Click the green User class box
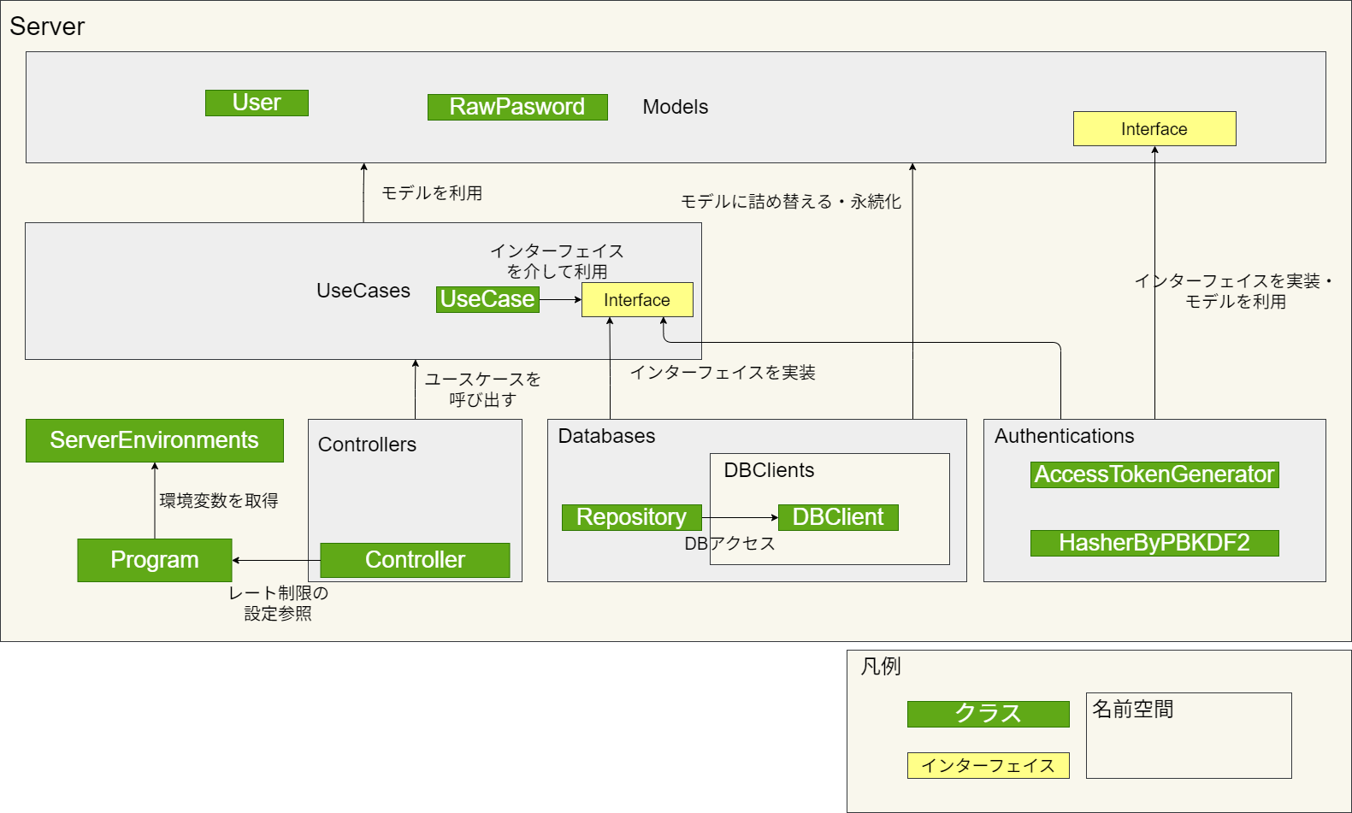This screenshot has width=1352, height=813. click(257, 103)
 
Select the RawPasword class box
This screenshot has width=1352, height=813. click(517, 107)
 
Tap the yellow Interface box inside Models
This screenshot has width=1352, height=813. click(1154, 129)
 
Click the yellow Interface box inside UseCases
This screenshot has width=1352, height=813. click(637, 300)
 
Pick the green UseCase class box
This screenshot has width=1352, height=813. click(487, 299)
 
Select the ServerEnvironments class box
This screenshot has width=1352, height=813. click(154, 440)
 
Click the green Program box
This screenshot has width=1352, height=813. click(154, 560)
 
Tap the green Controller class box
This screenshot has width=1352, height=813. click(415, 560)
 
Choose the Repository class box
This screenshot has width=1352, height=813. click(631, 517)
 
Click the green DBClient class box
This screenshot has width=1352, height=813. click(838, 517)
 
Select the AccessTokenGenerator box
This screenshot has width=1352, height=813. click(1154, 474)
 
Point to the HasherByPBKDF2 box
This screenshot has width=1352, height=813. click(1154, 543)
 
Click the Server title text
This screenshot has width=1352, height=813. click(47, 27)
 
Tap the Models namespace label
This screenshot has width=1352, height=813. click(676, 107)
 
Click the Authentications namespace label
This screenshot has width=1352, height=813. click(1064, 436)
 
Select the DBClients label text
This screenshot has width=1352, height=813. click(769, 470)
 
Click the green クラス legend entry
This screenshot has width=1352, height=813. click(988, 714)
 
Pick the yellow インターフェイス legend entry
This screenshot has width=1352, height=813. click(988, 765)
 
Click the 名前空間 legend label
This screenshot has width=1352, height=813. click(1132, 709)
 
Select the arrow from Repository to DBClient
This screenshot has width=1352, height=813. click(741, 517)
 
